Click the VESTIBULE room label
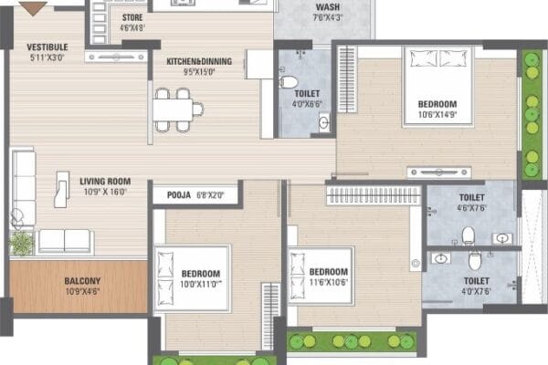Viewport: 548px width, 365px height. (x=47, y=47)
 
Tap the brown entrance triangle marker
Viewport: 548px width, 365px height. (x=33, y=7)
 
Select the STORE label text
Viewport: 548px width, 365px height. (x=132, y=17)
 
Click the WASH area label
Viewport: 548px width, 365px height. (x=328, y=7)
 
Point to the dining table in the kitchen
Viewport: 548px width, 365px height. (x=173, y=109)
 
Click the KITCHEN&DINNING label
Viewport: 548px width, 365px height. (x=199, y=61)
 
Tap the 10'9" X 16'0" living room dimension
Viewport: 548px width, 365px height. (x=105, y=192)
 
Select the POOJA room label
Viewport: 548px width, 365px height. (x=179, y=195)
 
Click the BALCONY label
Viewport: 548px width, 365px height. (x=82, y=281)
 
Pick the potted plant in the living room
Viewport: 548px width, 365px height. (x=22, y=243)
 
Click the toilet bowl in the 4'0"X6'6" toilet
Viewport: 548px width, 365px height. (x=289, y=82)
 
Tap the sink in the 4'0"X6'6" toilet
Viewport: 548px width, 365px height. (x=324, y=122)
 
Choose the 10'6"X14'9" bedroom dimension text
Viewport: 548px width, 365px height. (x=437, y=115)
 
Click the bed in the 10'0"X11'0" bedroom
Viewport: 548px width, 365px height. (x=192, y=278)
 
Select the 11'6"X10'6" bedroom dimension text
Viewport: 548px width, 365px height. (x=329, y=282)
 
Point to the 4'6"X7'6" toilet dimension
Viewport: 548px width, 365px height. (x=472, y=208)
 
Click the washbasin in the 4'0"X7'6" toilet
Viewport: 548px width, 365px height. (x=441, y=258)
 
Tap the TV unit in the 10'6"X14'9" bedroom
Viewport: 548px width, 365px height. (x=439, y=172)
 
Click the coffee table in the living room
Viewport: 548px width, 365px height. (x=62, y=189)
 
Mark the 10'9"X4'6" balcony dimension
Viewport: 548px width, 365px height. (x=82, y=291)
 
